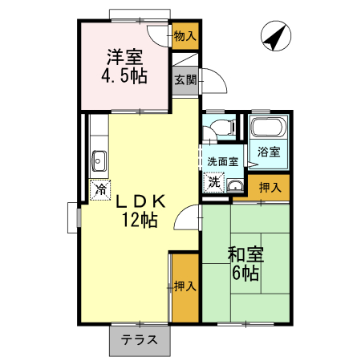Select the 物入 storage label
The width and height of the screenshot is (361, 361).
tap(185, 35)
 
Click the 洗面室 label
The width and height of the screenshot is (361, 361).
tap(222, 161)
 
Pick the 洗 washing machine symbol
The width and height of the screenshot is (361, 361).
tap(213, 181)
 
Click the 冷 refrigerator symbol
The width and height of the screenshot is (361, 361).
tap(100, 190)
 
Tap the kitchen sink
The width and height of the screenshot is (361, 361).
tap(99, 160)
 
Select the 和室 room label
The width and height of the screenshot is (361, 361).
tap(245, 255)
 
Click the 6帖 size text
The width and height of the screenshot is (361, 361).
tap(245, 274)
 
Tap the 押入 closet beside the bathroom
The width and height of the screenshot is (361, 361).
tap(270, 187)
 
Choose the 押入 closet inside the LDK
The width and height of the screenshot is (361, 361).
tap(185, 286)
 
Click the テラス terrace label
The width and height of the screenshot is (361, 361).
tap(139, 339)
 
